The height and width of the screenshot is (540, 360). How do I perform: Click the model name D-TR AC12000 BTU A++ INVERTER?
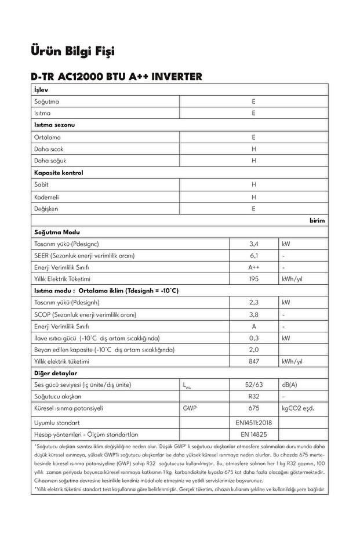(x=117, y=77)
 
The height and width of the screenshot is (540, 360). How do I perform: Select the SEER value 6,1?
(x=253, y=256)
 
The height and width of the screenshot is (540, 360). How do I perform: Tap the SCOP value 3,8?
(x=253, y=314)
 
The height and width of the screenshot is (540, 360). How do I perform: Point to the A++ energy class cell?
(x=253, y=267)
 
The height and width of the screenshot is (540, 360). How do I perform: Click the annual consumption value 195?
(x=253, y=279)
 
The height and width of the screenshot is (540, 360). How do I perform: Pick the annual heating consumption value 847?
(x=253, y=361)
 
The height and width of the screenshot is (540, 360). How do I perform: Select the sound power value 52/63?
(x=253, y=385)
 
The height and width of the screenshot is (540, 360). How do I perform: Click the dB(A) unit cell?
(x=290, y=385)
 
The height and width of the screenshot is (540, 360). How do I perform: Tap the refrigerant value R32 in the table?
(x=253, y=396)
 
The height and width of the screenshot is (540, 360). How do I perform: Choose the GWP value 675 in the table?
(x=253, y=408)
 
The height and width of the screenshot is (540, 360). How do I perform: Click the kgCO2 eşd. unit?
(x=298, y=408)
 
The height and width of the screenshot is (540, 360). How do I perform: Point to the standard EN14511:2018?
(x=253, y=422)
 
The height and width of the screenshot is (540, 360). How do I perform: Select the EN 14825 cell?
(x=253, y=434)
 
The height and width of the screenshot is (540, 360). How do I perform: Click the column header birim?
(x=317, y=220)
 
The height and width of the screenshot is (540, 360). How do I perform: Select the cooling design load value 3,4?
(x=253, y=244)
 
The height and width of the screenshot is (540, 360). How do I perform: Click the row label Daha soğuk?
(x=49, y=161)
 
